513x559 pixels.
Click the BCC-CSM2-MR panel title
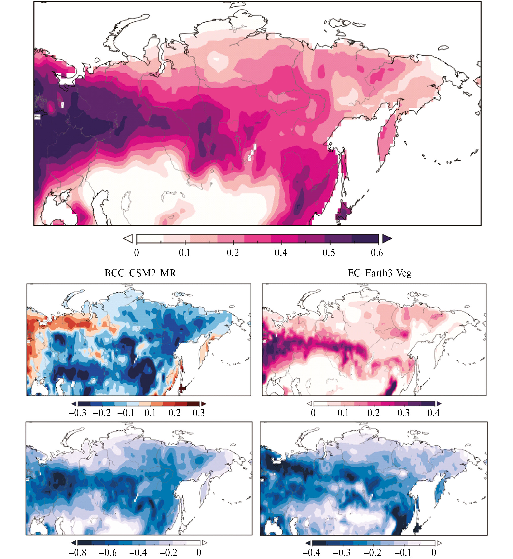click(x=140, y=273)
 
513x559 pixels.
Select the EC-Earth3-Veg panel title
click(x=380, y=273)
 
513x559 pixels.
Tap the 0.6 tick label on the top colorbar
click(x=377, y=252)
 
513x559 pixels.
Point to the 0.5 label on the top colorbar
click(x=329, y=252)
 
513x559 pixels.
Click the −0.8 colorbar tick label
click(x=77, y=552)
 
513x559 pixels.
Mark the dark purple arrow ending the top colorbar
click(x=387, y=238)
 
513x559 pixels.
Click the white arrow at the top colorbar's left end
click(x=128, y=238)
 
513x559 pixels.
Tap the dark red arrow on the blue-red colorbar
click(x=204, y=404)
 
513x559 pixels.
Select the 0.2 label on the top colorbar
click(x=233, y=252)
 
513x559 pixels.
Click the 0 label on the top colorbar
click(x=137, y=252)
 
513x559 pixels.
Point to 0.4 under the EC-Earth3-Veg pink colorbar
click(x=433, y=413)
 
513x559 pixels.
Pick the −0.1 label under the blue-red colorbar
click(x=126, y=413)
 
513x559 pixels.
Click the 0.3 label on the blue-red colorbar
click(x=199, y=413)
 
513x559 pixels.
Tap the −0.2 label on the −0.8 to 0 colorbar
click(x=169, y=552)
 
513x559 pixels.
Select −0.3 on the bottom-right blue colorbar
click(x=342, y=552)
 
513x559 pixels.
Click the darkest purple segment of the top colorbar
click(x=365, y=238)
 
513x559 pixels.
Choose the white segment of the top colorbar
click(x=150, y=238)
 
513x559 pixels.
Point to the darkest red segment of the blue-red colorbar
click(x=193, y=404)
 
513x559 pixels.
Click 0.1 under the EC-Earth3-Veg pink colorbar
click(x=343, y=413)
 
